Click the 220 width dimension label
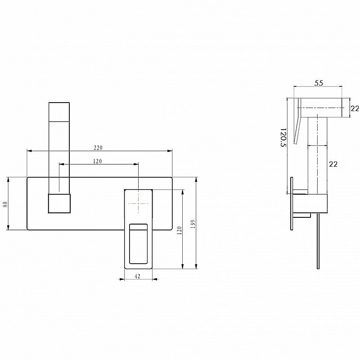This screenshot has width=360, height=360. tap(98, 147)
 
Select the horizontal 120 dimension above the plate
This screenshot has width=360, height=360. tap(98, 161)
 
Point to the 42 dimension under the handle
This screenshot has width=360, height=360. tap(138, 277)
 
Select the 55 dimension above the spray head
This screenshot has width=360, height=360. tap(319, 83)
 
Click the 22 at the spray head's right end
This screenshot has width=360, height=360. tap(355, 108)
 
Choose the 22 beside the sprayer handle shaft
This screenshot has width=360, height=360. tap(333, 164)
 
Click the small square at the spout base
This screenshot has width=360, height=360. tap(59, 203)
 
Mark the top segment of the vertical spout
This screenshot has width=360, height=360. tap(59, 111)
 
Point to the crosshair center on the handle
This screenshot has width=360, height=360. tap(138, 203)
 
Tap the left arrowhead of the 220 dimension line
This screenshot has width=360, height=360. tap(28, 150)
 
